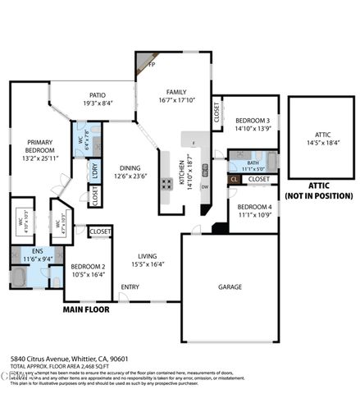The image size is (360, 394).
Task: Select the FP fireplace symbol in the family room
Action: click(152, 65)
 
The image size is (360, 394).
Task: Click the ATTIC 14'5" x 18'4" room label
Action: click(322, 138)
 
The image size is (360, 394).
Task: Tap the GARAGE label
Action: click(230, 287)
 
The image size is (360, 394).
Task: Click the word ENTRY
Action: click(130, 286)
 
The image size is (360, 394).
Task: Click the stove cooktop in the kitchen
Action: click(166, 183)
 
